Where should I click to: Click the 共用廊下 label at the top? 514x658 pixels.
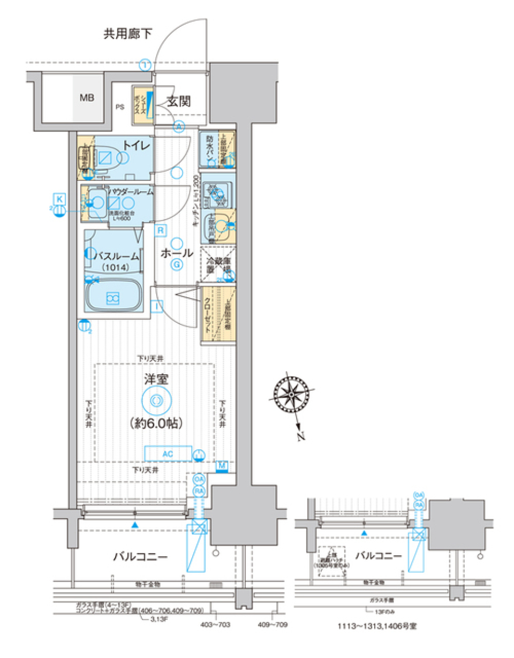(128, 35)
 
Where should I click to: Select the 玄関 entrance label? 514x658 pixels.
(179, 100)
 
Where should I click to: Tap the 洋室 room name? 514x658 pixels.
(156, 380)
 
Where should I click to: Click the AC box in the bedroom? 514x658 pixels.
(168, 453)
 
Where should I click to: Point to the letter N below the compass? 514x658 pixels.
(301, 436)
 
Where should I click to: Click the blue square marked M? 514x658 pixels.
(222, 465)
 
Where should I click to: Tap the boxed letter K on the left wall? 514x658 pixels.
(60, 199)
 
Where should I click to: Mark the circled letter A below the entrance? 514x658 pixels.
(179, 126)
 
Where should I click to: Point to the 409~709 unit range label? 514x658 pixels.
(275, 625)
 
